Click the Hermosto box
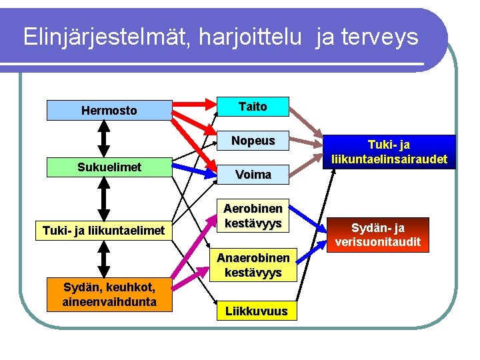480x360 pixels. coord(109,110)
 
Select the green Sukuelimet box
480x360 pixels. coord(109,167)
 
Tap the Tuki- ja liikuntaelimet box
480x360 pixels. coord(103,231)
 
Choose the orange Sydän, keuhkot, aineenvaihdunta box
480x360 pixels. coord(109,295)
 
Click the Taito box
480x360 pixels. coord(253,107)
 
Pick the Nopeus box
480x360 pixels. coord(253,141)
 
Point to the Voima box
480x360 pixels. coord(253,175)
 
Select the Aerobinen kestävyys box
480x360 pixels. coord(253,215)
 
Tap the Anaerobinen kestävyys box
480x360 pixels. coord(253,265)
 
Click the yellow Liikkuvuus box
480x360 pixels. coord(256,311)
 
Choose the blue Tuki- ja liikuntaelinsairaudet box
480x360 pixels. coord(389,152)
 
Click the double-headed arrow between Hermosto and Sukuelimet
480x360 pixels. coord(103,139)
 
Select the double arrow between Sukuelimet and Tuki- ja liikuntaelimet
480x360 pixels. coord(103,199)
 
